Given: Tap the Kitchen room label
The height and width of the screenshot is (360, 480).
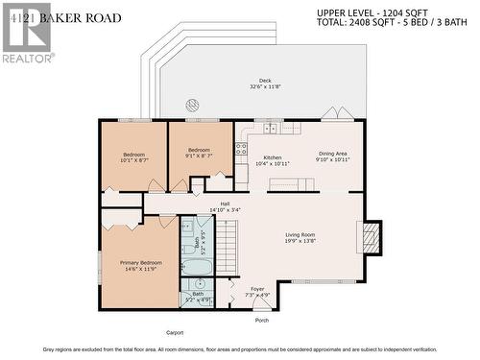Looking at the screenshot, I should pos(272,159).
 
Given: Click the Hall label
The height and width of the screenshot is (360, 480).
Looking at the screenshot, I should pos(225,205).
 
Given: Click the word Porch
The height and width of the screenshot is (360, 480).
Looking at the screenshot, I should pos(261,320).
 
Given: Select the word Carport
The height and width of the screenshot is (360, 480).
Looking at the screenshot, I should pos(174,332).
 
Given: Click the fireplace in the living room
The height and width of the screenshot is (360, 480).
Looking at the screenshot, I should pos(371,235).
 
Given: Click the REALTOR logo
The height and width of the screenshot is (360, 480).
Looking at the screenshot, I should pos(26,31).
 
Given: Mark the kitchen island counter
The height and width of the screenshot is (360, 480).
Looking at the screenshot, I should pos(300,182).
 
